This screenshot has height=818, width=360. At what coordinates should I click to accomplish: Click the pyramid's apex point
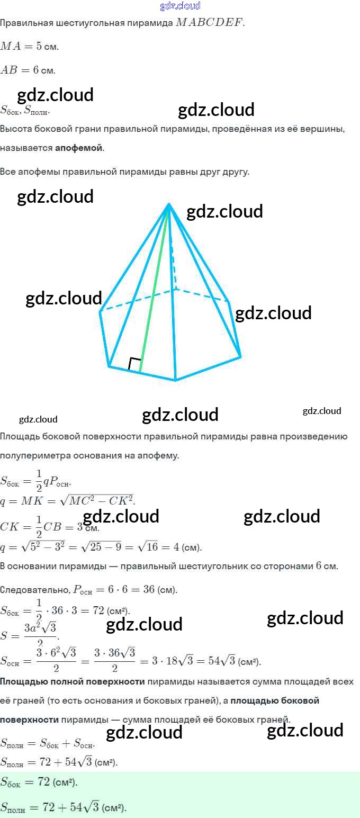coord(169,204)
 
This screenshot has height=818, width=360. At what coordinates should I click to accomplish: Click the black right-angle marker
coord(135,364)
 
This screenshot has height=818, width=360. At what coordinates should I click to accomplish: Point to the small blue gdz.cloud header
coord(180,6)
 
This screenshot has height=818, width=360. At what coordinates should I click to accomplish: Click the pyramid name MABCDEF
coord(210,23)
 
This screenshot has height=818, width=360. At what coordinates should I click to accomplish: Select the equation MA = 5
coord(29,46)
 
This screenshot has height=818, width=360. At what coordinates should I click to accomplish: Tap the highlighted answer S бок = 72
coord(39,783)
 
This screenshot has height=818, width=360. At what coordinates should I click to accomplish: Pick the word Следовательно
coord(34,590)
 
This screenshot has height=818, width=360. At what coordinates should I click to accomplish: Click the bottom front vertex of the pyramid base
coord(175,380)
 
